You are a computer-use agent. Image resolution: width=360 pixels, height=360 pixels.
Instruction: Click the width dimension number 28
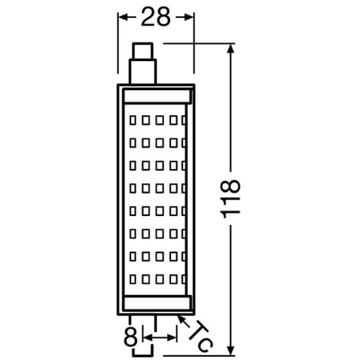tap(155, 18)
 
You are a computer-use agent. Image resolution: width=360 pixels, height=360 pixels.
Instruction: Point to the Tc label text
tap(202, 335)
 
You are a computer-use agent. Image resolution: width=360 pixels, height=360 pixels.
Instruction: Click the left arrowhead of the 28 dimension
tap(120, 18)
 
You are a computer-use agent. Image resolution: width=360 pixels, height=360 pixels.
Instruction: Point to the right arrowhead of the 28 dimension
tap(191, 18)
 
